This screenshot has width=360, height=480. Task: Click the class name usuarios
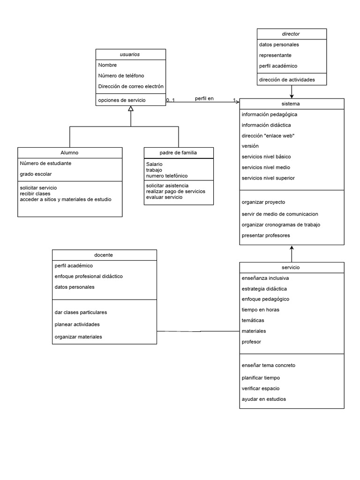pos(130,54)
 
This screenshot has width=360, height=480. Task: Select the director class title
pos(291,34)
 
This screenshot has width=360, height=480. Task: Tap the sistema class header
pos(292,104)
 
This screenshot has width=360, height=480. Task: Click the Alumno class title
pos(69,153)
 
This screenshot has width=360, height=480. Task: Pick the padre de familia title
pos(178,153)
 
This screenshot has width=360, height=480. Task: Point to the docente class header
pos(104,255)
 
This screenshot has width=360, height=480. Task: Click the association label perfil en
pos(204,98)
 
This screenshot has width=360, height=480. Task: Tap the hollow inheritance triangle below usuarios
pos(131,109)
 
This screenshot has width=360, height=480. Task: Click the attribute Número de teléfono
pos(121,75)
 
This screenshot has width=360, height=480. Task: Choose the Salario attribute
pos(154,165)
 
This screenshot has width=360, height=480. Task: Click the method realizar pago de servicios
pos(175,191)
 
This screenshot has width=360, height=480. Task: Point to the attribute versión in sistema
pos(250,146)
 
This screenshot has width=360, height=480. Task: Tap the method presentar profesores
pos(265,235)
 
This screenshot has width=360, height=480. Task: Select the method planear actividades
pos(77,324)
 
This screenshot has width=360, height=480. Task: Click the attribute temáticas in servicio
pos(253,320)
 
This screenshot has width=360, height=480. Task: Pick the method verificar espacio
pos(261,388)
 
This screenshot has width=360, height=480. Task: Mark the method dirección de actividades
pos(286,80)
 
